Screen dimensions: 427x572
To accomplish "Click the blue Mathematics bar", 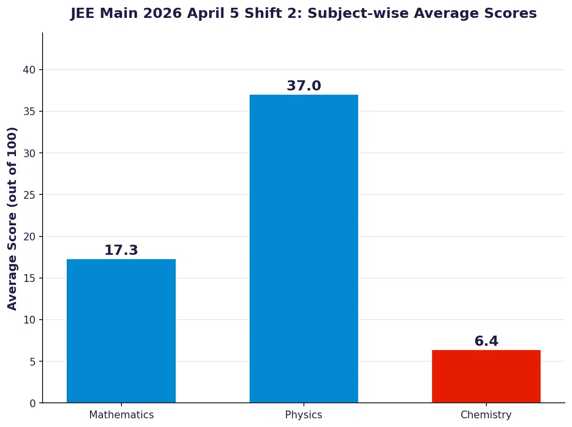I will click(x=121, y=331).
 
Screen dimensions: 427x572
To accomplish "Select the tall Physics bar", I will click(x=303, y=249).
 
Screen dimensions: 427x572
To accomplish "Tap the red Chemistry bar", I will click(x=486, y=376).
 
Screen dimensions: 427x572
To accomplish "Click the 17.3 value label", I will click(x=121, y=250).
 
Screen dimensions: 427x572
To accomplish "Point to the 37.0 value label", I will click(x=303, y=86).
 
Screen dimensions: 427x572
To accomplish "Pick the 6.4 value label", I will click(x=486, y=341).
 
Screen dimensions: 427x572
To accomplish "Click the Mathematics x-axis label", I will click(x=121, y=415).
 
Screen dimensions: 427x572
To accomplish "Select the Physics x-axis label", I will click(x=303, y=415).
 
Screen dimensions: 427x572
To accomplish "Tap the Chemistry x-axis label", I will click(x=486, y=415).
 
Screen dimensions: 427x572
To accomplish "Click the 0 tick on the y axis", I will click(x=33, y=403).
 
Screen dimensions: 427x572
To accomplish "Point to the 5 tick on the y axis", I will click(x=33, y=362).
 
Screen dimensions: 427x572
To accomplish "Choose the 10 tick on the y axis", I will click(x=30, y=320).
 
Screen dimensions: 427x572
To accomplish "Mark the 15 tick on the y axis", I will click(x=30, y=279).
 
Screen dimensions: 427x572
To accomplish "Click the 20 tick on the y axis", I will click(x=30, y=237).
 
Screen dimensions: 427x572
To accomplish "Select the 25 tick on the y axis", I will click(x=30, y=195).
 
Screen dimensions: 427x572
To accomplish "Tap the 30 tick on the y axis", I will click(x=30, y=153).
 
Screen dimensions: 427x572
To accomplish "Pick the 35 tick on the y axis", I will click(x=30, y=112).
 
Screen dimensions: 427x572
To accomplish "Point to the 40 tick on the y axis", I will click(x=30, y=70).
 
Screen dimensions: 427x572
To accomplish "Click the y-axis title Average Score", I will click(x=12, y=218).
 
